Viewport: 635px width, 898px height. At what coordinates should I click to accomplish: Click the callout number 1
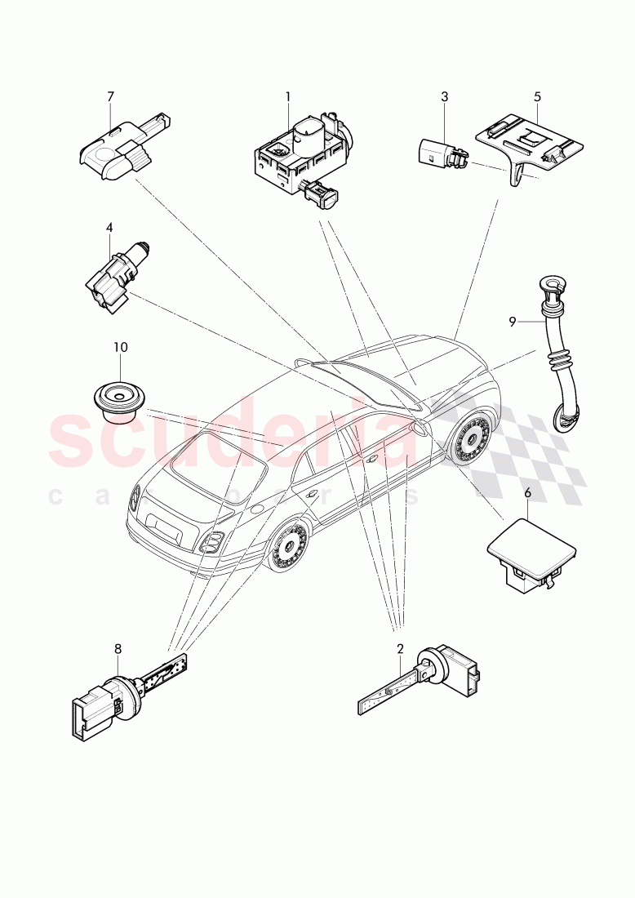[287, 96]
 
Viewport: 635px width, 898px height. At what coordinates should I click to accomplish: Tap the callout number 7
[110, 96]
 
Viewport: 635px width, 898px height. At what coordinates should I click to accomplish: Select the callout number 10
[120, 347]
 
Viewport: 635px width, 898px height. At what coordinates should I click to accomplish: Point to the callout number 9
[513, 322]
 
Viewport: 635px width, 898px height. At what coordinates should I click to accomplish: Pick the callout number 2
[400, 649]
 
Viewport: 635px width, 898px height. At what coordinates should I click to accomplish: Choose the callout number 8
[118, 649]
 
